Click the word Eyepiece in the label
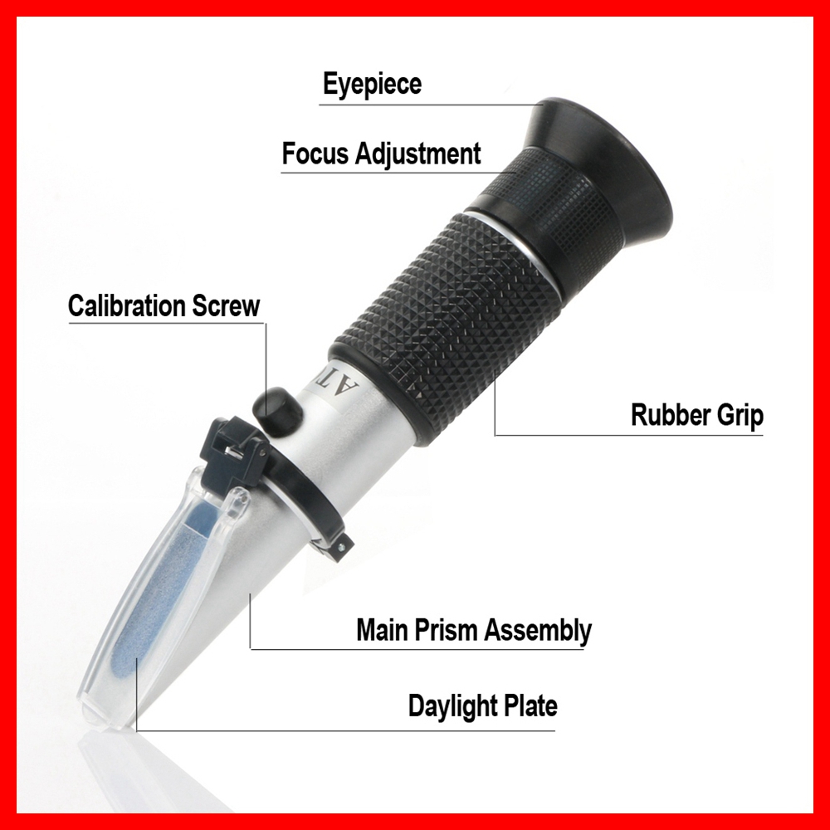pyautogui.click(x=372, y=84)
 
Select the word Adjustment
pyautogui.click(x=420, y=154)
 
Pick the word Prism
pyautogui.click(x=447, y=630)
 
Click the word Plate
pyautogui.click(x=530, y=706)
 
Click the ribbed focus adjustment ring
pyautogui.click(x=539, y=199)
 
